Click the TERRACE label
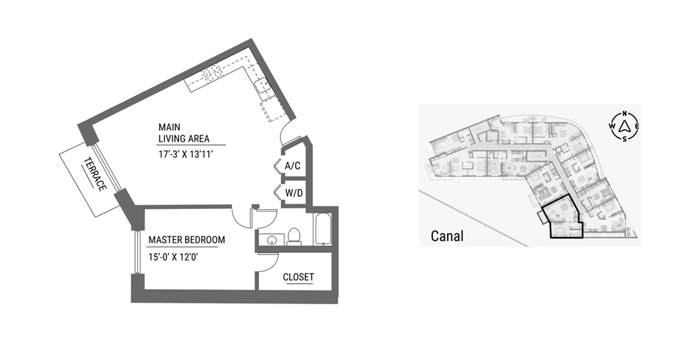coord(95,174)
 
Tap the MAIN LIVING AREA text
coord(184,132)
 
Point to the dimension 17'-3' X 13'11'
coord(186,154)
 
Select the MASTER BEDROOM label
coord(187,240)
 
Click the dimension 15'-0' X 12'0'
coord(173,257)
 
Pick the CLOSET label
coord(298,277)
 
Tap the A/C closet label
coord(293,166)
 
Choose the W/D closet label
coord(294,193)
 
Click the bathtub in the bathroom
coord(323,229)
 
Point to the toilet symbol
coord(293,235)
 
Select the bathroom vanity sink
coord(272,240)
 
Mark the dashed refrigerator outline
coord(275,110)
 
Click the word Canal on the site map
coord(447,236)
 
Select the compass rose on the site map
coord(624,127)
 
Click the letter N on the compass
coord(625,113)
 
